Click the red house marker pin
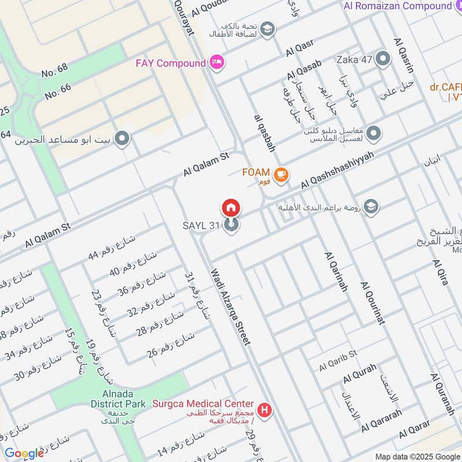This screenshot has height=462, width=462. (230, 207)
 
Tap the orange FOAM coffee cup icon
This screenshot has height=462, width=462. (281, 174)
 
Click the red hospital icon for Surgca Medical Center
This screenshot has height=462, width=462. (264, 410)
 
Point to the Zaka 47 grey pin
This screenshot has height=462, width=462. (382, 58)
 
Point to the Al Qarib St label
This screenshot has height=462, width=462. (338, 360)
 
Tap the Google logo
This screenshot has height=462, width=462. (24, 453)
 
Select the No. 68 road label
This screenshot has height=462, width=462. (55, 71)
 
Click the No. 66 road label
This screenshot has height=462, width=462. (58, 90)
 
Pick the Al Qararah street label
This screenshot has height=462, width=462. (381, 421)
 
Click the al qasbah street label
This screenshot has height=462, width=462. (264, 132)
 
